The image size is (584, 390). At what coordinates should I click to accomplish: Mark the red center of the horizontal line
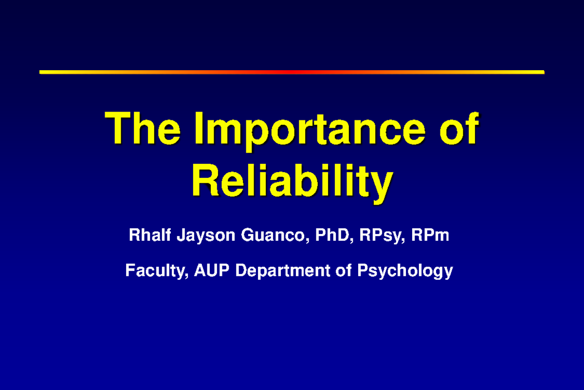[292, 72]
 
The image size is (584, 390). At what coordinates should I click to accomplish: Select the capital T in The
[119, 129]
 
